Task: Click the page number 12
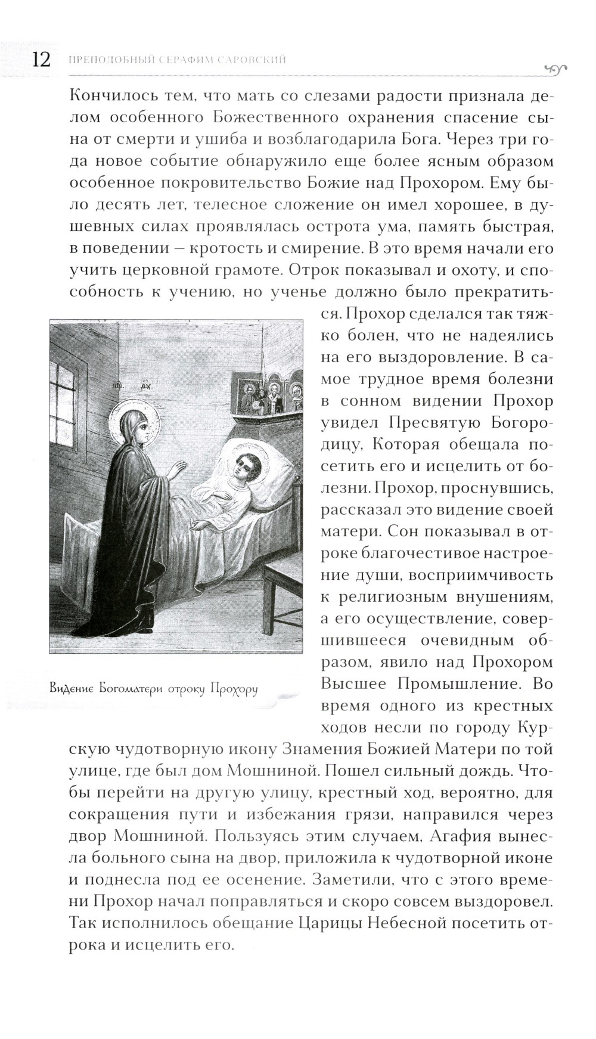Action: pos(36,61)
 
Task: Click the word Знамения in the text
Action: pos(312,749)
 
